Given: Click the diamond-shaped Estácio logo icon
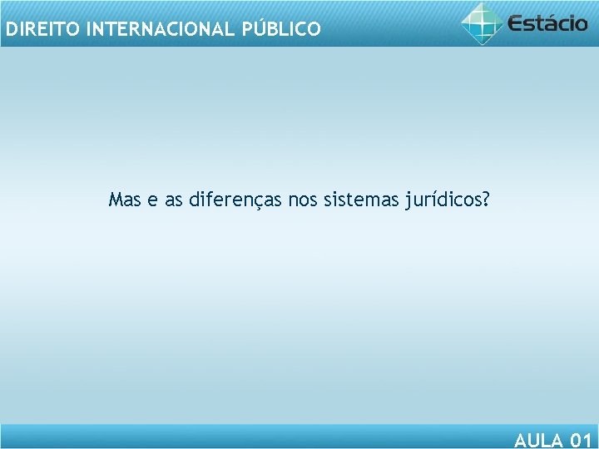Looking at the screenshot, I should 483,22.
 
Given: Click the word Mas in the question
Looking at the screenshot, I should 125,200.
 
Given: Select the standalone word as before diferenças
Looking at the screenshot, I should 174,201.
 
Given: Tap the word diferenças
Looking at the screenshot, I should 236,200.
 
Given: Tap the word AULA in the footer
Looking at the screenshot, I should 537,440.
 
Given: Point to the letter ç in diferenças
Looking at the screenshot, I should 257,202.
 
